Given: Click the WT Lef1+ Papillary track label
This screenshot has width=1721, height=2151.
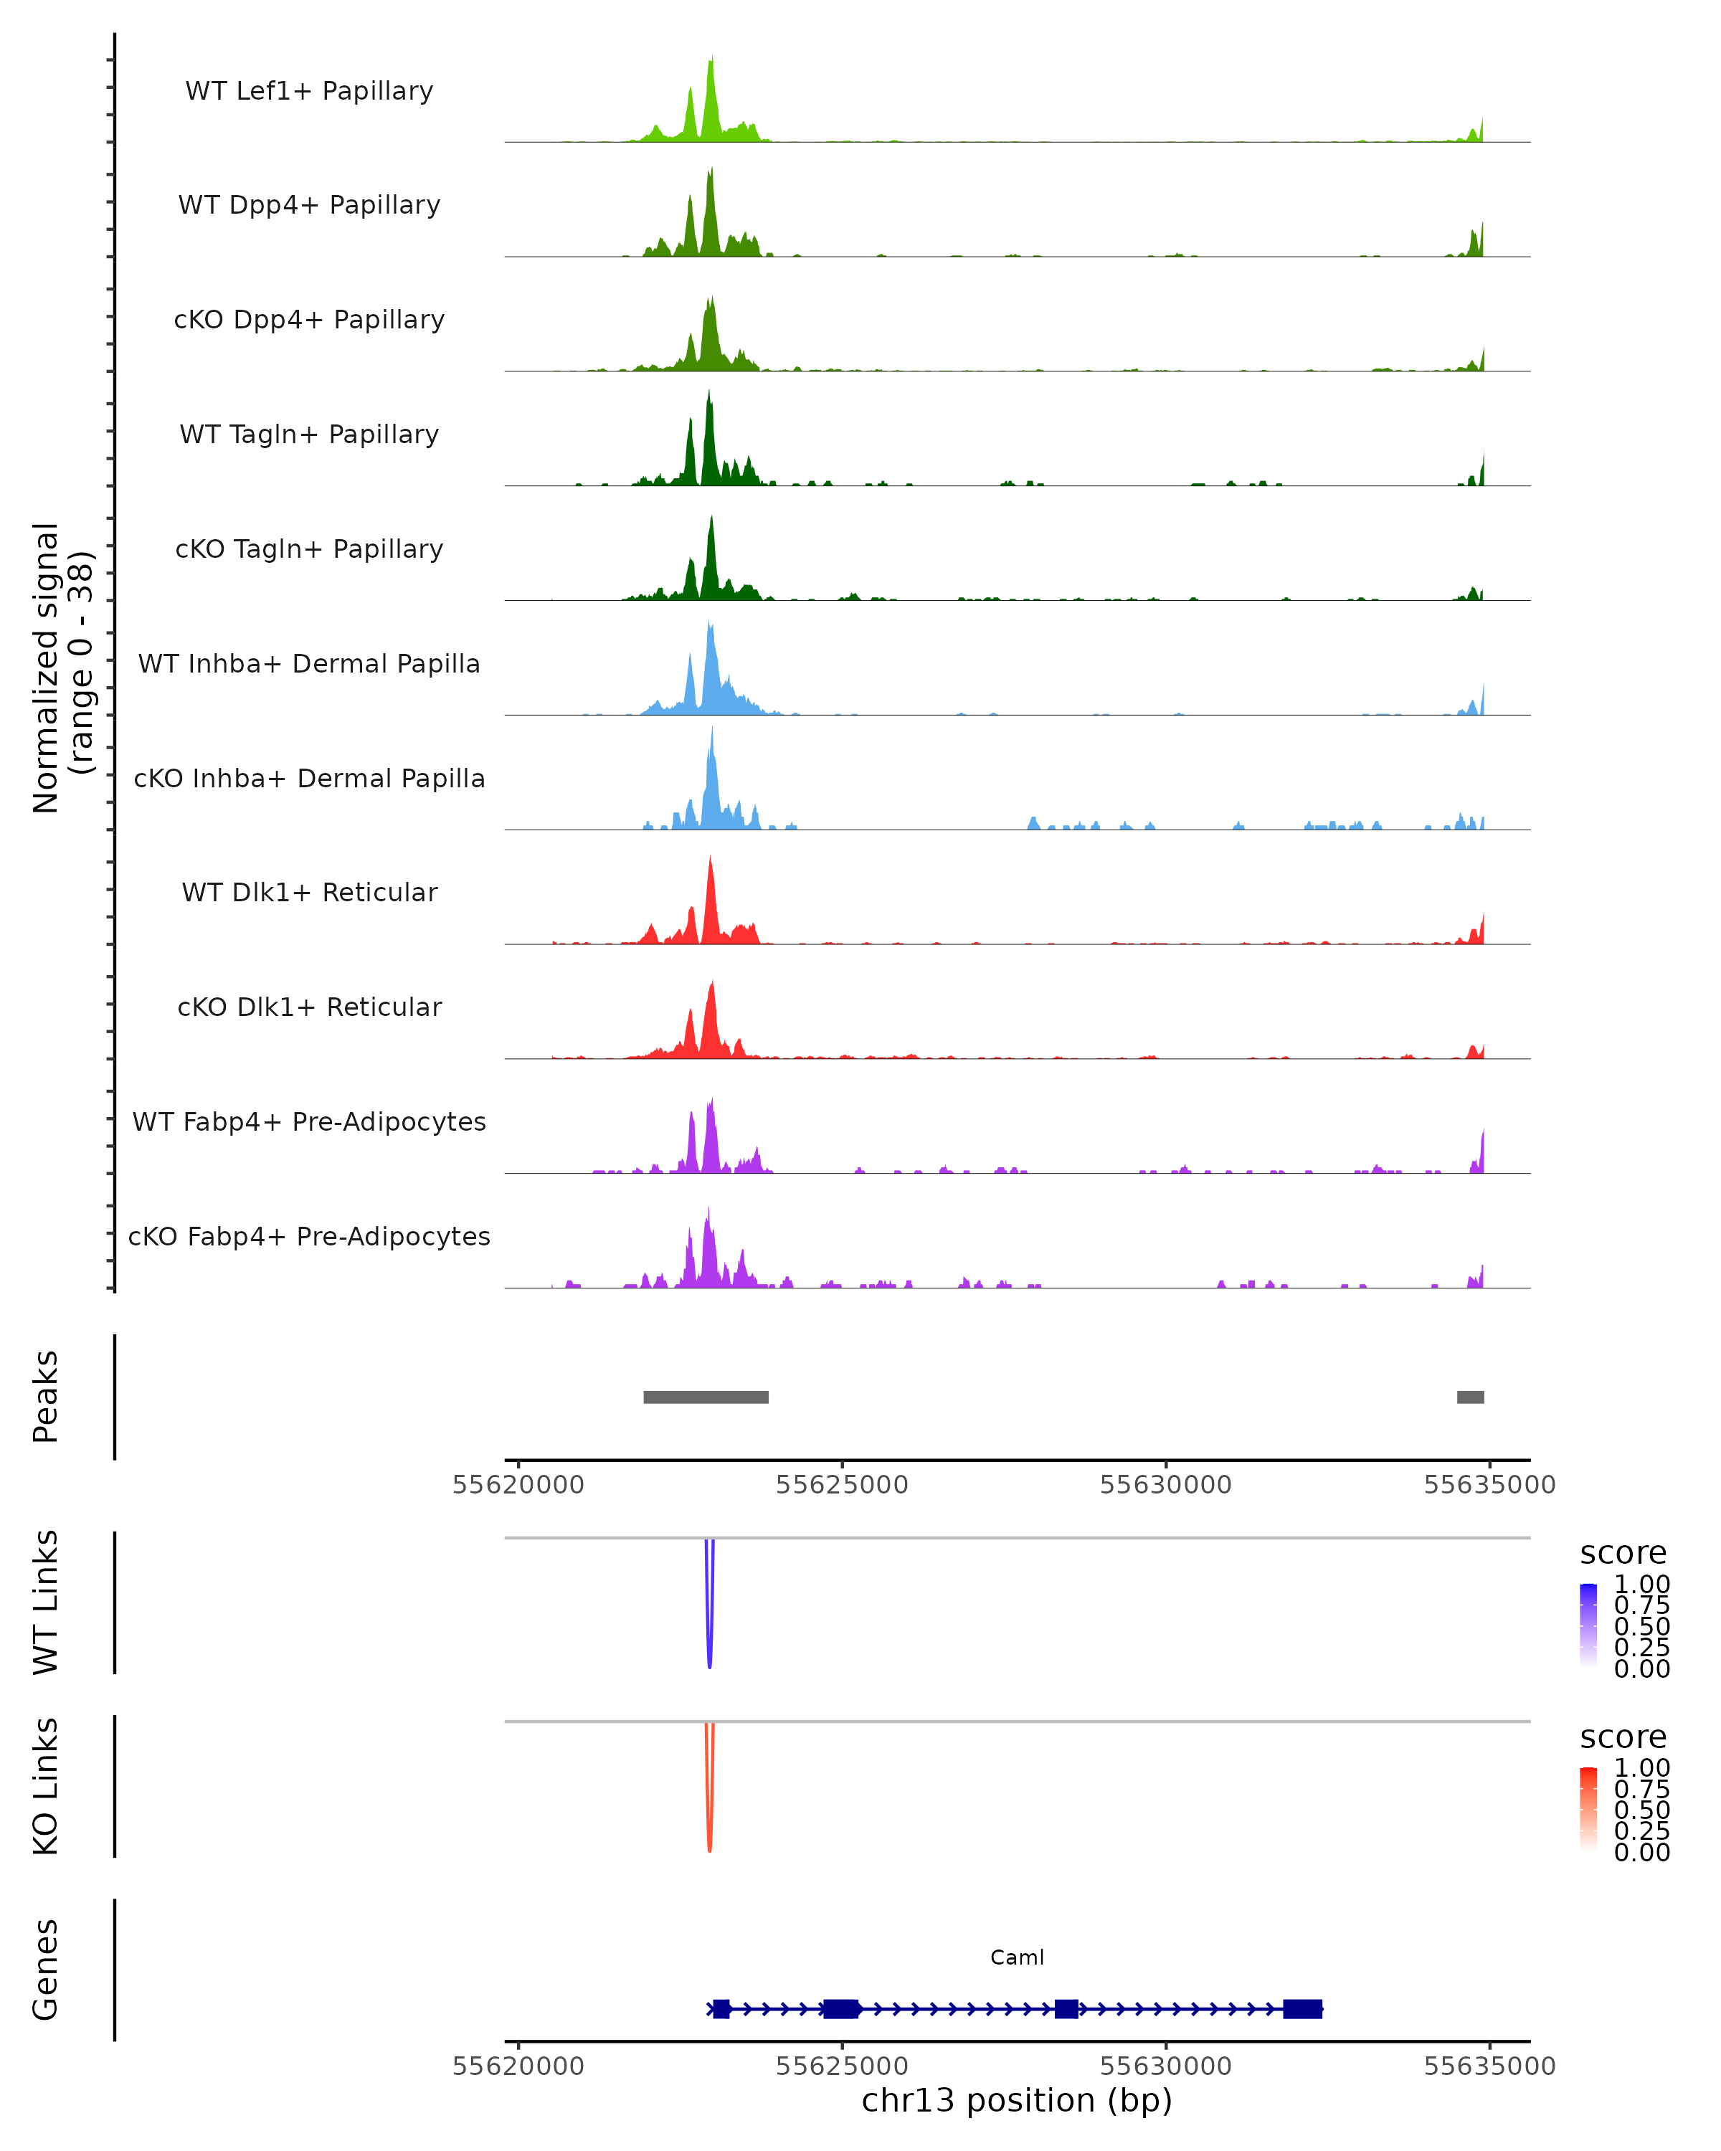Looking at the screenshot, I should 309,91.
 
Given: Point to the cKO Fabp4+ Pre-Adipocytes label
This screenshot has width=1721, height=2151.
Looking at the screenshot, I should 309,1236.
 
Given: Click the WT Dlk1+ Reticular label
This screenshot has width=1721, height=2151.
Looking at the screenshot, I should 309,892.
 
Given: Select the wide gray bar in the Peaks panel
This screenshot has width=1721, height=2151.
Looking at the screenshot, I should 706,1397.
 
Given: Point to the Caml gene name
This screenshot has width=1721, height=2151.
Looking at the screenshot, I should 1017,1957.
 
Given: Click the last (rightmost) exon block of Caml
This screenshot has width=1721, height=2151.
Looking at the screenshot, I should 1302,2008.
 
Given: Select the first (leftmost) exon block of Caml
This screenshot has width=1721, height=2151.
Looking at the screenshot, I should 721,2008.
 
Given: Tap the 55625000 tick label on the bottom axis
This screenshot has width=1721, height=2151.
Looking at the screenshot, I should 842,2066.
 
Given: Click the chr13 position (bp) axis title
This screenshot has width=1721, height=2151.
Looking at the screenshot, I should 1017,2101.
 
